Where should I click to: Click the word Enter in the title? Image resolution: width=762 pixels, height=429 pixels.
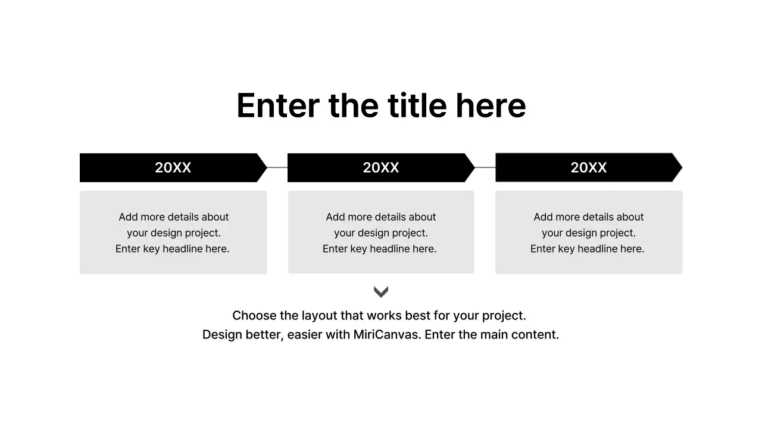pyautogui.click(x=278, y=106)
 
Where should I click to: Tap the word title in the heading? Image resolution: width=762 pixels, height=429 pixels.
pyautogui.click(x=417, y=106)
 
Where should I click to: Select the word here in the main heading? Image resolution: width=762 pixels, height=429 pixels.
pyautogui.click(x=491, y=106)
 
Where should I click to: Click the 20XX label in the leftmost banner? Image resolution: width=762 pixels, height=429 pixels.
pyautogui.click(x=173, y=168)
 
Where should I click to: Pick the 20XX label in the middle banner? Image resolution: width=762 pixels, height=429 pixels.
pyautogui.click(x=381, y=168)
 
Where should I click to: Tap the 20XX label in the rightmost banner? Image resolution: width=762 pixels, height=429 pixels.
pyautogui.click(x=589, y=168)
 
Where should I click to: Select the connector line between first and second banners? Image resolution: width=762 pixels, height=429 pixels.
pyautogui.click(x=277, y=167)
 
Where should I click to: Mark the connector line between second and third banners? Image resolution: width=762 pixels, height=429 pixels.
pyautogui.click(x=485, y=167)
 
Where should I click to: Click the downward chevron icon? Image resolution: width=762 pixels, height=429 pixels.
pyautogui.click(x=381, y=291)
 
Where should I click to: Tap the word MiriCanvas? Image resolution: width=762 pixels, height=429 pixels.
pyautogui.click(x=387, y=335)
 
